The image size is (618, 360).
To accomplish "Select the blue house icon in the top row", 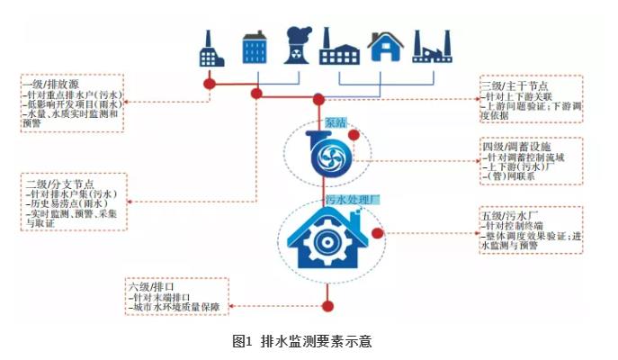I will point(384,49).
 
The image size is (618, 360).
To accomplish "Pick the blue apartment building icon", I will point(255,49).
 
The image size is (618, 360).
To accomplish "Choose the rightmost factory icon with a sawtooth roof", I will point(431,49).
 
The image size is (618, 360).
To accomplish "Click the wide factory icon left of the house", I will point(339,50).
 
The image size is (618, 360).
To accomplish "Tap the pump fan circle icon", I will point(319,156).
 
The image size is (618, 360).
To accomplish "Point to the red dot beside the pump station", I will point(354,135).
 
